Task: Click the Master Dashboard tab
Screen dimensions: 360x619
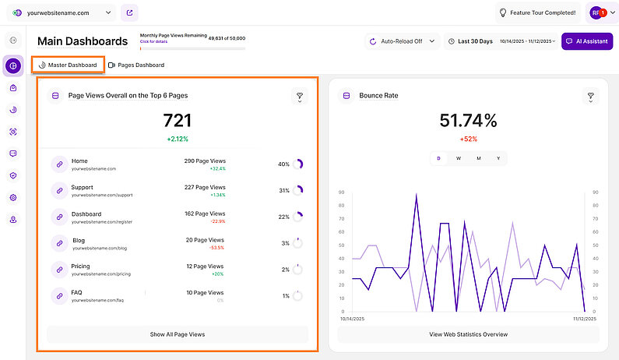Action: pyautogui.click(x=68, y=65)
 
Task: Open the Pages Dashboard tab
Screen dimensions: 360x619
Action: pyautogui.click(x=136, y=65)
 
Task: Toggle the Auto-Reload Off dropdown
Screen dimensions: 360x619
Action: pyautogui.click(x=402, y=41)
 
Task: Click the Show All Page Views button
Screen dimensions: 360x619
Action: pyautogui.click(x=178, y=334)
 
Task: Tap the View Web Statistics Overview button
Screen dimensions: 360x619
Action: pyautogui.click(x=467, y=334)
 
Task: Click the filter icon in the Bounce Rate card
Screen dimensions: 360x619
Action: pyautogui.click(x=591, y=97)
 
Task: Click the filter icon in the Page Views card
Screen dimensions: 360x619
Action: pyautogui.click(x=300, y=97)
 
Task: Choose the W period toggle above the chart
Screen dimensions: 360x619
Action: pyautogui.click(x=458, y=158)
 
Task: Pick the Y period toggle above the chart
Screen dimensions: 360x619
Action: pyautogui.click(x=498, y=158)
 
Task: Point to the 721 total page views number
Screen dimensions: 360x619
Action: pyautogui.click(x=177, y=120)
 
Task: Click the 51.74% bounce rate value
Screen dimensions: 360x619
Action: pyautogui.click(x=467, y=120)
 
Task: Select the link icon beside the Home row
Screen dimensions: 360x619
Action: pyautogui.click(x=59, y=164)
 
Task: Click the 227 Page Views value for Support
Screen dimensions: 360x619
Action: pyautogui.click(x=204, y=187)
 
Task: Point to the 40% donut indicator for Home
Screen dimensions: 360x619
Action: pyautogui.click(x=297, y=164)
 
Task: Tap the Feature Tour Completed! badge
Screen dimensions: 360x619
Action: pyautogui.click(x=537, y=12)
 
